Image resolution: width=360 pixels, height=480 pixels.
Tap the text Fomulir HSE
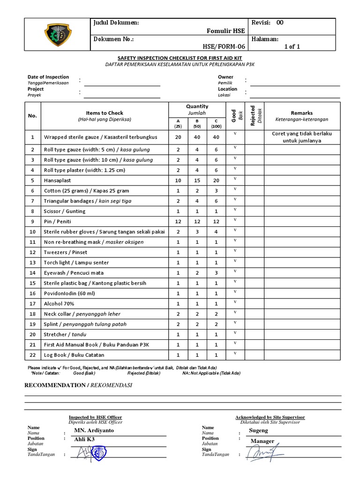226,31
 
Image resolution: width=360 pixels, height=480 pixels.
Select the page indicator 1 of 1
292,46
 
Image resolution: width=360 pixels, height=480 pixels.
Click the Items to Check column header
105,113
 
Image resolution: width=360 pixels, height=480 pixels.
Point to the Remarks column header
301,113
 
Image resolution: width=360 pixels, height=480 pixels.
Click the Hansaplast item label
57,180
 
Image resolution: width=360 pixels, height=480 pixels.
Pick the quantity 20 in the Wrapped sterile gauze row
178,137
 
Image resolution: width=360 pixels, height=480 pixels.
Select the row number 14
33,273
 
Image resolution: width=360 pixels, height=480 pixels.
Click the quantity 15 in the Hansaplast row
197,180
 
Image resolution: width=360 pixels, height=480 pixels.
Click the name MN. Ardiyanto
94,430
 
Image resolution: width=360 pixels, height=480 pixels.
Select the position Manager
262,441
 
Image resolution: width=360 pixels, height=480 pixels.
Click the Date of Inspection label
48,77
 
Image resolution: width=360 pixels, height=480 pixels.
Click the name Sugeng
258,430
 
